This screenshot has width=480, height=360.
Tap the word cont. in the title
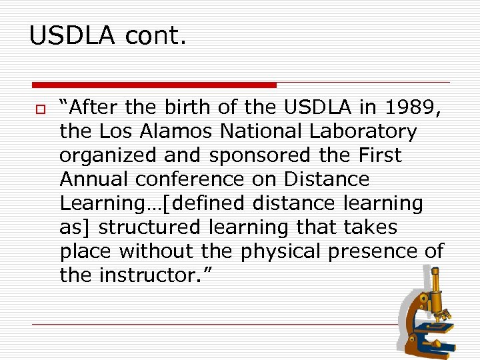coord(154,35)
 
